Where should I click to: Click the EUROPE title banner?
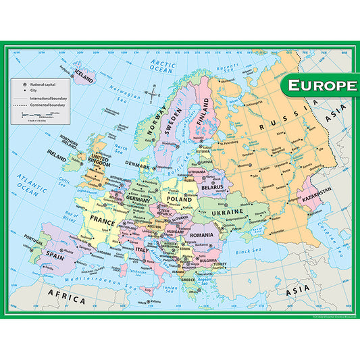319,86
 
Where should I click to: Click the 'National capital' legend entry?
43,82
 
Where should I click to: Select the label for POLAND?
181,200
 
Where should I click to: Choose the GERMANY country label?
138,201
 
